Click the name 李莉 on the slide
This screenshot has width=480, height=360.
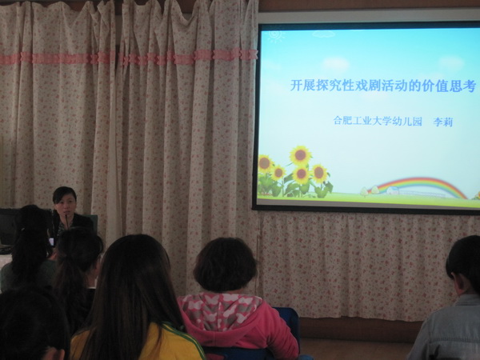[x=442, y=122]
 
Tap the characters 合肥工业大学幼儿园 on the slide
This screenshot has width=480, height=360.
[x=378, y=121]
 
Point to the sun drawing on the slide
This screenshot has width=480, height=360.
[x=276, y=36]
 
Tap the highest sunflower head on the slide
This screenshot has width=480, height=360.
[x=301, y=155]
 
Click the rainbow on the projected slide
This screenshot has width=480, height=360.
[x=421, y=186]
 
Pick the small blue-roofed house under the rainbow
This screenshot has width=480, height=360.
[x=393, y=190]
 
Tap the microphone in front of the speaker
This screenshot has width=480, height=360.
[x=66, y=221]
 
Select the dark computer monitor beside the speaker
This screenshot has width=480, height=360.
[x=8, y=226]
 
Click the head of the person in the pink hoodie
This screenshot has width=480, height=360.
[x=225, y=265]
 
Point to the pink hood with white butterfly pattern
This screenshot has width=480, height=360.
[x=221, y=308]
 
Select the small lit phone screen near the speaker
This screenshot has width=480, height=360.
[x=52, y=242]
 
